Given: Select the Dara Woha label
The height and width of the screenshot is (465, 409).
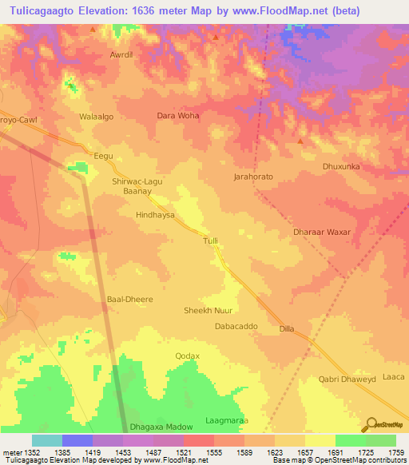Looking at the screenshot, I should pos(177,116).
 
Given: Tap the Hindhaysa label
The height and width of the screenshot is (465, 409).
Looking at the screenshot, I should pos(155,216).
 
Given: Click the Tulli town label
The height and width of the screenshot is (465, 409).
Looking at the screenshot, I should pos(211,240).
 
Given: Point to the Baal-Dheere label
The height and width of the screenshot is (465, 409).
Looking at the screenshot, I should pos(129,299).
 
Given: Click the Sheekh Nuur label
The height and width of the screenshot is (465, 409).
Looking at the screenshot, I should pos(207,310).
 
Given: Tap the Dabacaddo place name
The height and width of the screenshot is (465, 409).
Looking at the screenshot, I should pos(236,326).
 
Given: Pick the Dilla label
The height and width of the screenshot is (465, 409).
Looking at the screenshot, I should pos(288,328).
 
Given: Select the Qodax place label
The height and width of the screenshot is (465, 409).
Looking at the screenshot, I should pos(187,356).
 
